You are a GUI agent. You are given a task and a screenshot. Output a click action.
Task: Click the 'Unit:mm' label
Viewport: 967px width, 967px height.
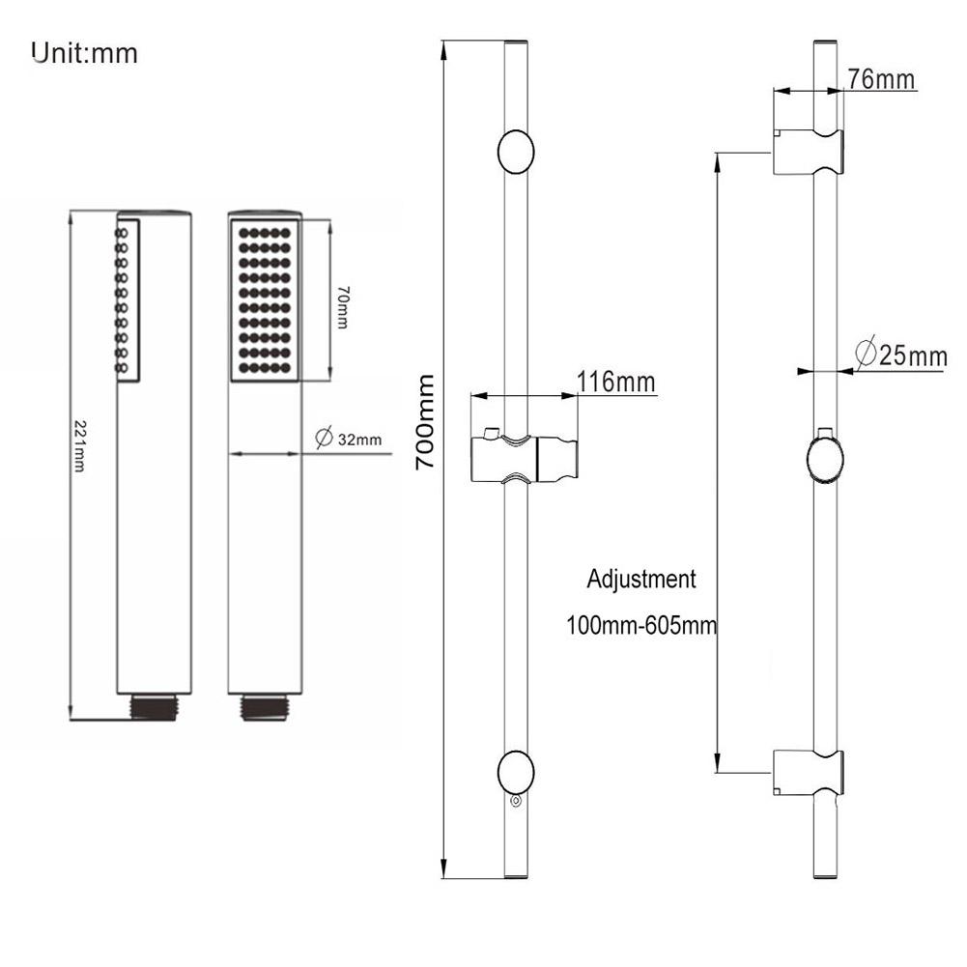(x=84, y=53)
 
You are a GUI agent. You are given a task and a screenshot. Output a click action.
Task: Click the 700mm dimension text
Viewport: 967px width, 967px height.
(x=425, y=422)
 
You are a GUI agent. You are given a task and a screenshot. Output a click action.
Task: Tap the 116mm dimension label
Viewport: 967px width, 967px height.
(x=615, y=382)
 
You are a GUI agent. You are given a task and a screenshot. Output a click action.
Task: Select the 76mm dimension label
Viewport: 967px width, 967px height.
(x=880, y=79)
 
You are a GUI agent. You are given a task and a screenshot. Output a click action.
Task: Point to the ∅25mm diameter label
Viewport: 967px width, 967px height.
(x=901, y=354)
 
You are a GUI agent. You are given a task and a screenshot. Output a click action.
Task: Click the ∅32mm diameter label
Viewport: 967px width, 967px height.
(x=348, y=438)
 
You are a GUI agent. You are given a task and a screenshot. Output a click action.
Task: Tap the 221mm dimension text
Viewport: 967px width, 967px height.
(x=80, y=446)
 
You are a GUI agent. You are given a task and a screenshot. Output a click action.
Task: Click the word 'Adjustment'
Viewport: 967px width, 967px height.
(x=640, y=579)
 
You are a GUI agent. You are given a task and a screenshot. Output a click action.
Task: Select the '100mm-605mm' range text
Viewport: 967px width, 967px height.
(x=641, y=625)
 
